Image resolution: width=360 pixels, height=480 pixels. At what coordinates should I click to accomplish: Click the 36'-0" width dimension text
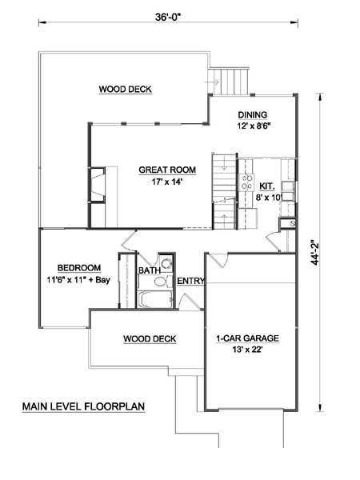coord(168,17)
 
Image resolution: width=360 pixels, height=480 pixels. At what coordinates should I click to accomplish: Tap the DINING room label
coord(253,114)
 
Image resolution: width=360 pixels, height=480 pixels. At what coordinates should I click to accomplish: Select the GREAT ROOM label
coord(167,170)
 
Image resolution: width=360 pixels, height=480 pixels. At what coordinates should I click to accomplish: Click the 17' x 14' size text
coord(167,182)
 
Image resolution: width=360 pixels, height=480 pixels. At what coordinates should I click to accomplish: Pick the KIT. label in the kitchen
coord(267,186)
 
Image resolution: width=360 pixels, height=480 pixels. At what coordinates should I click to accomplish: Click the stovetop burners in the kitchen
coord(246,182)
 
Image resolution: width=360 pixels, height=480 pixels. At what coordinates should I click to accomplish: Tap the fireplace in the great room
coord(98,185)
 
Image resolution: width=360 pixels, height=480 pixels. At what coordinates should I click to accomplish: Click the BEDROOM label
coord(79,268)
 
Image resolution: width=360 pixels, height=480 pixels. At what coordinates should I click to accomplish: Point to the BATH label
coord(150,270)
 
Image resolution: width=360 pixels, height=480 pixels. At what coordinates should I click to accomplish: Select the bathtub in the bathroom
coord(155,299)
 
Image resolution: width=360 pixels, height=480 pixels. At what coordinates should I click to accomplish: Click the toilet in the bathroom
coord(162,281)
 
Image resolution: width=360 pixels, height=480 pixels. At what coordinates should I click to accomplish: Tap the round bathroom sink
coord(167,263)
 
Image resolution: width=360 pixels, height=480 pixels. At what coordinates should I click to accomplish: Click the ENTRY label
coord(190,281)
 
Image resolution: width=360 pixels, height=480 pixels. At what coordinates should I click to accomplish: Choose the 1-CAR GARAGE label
coord(247,338)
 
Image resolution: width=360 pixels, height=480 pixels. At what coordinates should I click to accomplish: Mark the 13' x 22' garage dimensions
coord(247,350)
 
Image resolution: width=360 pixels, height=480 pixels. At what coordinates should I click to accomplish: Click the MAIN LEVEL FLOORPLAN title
coord(83,406)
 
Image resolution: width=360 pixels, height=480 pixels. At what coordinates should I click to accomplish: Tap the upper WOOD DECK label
coord(126,90)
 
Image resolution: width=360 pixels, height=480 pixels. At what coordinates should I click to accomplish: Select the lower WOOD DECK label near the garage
coord(150,339)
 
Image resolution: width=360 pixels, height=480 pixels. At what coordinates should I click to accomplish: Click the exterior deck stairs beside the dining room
coord(229,81)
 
